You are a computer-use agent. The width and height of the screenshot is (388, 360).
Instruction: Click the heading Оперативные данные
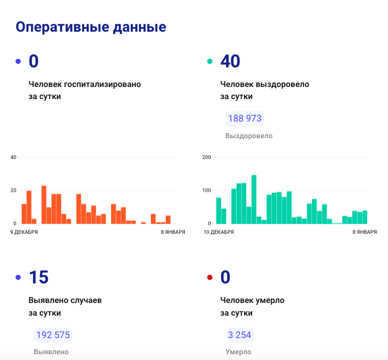(x=90, y=27)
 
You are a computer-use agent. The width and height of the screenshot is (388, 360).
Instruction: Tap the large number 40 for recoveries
(x=230, y=61)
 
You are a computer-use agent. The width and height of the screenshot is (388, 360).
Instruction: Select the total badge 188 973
(x=245, y=119)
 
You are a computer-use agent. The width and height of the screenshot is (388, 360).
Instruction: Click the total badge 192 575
(x=53, y=335)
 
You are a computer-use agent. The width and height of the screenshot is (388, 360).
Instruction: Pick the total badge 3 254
(x=239, y=335)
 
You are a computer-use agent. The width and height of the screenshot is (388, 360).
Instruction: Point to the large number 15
(x=39, y=278)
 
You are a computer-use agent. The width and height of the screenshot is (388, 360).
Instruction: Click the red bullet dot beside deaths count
(x=210, y=278)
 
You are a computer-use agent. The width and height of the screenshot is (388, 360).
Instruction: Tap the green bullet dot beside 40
(x=210, y=61)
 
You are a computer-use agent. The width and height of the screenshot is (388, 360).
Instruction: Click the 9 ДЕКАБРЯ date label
(x=24, y=232)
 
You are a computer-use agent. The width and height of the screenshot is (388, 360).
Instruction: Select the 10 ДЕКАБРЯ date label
(x=218, y=232)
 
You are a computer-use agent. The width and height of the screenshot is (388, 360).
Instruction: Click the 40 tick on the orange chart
(x=13, y=157)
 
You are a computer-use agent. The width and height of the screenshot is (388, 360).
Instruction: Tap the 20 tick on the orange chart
(x=13, y=190)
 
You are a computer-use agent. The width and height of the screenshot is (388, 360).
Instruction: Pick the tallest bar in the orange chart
(x=44, y=204)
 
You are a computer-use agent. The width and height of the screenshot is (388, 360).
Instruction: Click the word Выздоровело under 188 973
(x=249, y=136)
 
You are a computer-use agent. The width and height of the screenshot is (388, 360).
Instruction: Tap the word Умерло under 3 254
(x=238, y=352)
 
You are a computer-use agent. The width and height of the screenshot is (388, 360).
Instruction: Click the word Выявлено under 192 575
(x=51, y=352)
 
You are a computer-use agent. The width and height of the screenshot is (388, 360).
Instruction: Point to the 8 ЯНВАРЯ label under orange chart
(x=173, y=232)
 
